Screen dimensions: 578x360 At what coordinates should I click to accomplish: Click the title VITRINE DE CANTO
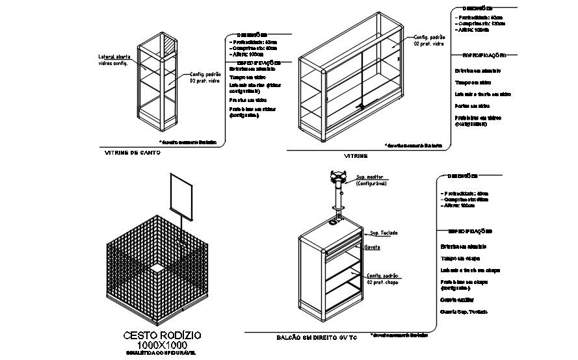pyautogui.click(x=132, y=154)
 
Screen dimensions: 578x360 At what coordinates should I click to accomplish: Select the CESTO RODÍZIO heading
pyautogui.click(x=162, y=335)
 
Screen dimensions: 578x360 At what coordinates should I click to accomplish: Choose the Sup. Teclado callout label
pyautogui.click(x=384, y=233)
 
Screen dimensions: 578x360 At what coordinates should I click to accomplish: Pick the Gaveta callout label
pyautogui.click(x=373, y=247)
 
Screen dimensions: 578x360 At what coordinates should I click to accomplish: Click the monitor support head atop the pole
pyautogui.click(x=337, y=175)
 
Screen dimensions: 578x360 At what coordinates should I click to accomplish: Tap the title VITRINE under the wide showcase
pyautogui.click(x=356, y=157)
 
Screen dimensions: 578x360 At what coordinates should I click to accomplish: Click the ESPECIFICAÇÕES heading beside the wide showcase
pyautogui.click(x=484, y=56)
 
